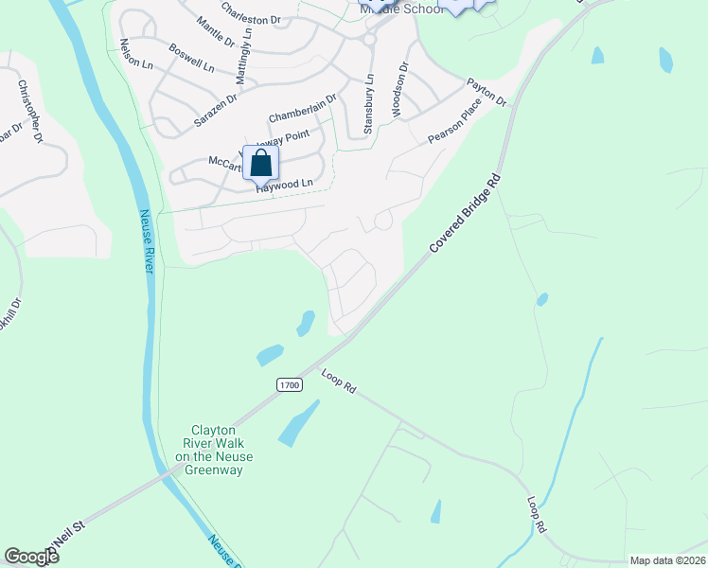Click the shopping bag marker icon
[x=260, y=162]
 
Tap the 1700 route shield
[x=290, y=384]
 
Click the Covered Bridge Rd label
[x=464, y=213]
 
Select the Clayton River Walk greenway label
[x=214, y=449]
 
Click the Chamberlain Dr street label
[x=302, y=108]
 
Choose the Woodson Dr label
[x=398, y=89]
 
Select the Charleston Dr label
[x=251, y=13]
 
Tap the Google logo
[x=31, y=557]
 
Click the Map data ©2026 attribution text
[x=666, y=560]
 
